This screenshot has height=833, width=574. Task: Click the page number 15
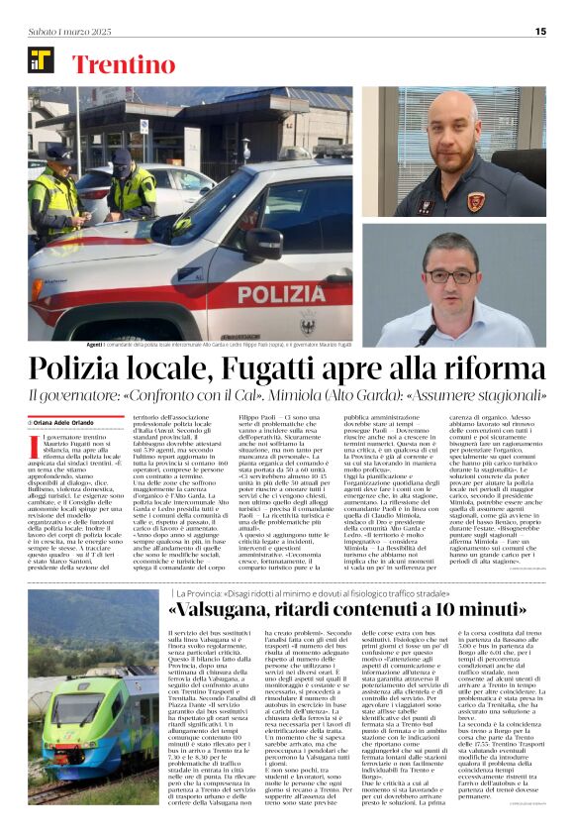540,31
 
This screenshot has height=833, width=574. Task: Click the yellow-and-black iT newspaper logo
41,60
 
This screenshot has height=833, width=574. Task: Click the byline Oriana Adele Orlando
67,421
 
